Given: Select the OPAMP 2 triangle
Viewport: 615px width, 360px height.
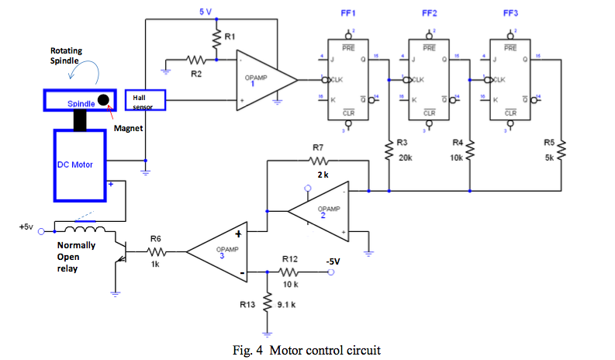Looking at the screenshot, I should tap(318, 210).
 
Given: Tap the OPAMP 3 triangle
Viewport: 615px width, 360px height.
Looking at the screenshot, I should tap(218, 251).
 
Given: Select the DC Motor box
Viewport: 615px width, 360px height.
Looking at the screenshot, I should tap(78, 164).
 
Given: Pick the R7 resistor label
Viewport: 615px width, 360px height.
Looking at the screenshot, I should tap(318, 147).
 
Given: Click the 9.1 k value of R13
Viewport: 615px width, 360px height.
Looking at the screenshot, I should tap(294, 305).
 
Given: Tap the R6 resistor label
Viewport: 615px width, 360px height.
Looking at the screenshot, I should tap(155, 239).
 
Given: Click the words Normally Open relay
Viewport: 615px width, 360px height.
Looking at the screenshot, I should tap(75, 257).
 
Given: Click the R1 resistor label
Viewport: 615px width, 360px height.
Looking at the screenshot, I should tap(229, 36).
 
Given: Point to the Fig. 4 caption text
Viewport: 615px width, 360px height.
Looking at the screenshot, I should tap(307, 351).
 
